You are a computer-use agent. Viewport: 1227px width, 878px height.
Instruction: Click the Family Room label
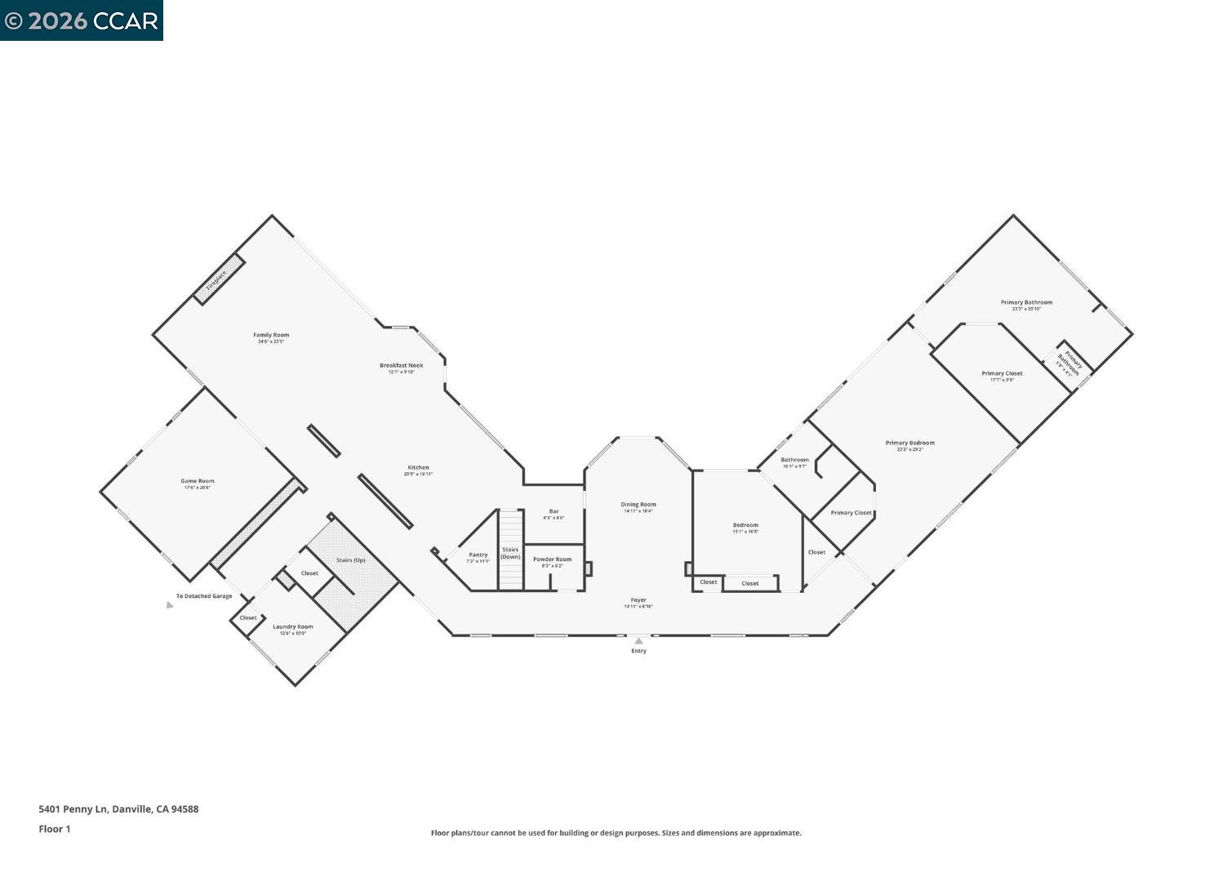(271, 336)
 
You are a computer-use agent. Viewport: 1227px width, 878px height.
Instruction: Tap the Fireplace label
(217, 279)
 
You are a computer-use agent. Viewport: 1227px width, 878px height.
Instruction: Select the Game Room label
(198, 482)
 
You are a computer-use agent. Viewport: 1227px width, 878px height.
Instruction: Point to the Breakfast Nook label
(401, 366)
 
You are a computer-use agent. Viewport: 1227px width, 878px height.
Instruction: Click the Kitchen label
(418, 469)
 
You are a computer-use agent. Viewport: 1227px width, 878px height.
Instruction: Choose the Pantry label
(478, 555)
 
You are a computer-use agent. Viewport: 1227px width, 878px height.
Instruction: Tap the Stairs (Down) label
(510, 553)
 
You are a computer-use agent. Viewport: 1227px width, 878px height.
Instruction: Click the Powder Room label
(553, 560)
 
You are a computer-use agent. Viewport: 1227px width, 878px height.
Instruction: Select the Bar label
(553, 512)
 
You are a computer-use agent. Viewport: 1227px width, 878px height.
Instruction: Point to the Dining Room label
(638, 506)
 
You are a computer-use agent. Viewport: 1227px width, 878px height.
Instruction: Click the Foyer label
(638, 600)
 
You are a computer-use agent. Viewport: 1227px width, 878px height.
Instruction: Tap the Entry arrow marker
(638, 641)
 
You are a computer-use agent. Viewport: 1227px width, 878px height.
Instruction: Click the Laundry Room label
(293, 627)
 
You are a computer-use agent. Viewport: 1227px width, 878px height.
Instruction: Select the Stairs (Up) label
(351, 560)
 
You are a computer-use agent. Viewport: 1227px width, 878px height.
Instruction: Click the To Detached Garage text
(204, 596)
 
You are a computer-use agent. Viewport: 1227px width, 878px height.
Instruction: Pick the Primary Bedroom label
(910, 443)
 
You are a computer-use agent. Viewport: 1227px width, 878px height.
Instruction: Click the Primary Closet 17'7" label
(1002, 374)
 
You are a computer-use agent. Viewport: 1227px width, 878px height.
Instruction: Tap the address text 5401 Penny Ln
(118, 809)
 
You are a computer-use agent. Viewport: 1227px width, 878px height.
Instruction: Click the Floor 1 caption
(55, 829)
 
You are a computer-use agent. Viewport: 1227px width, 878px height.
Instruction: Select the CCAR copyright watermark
(82, 20)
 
